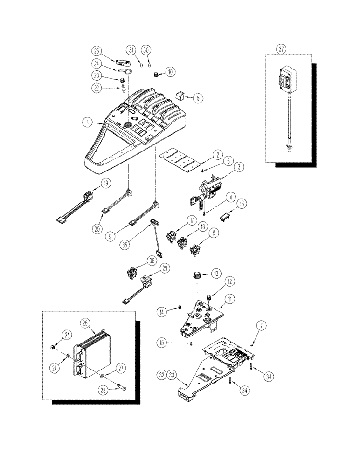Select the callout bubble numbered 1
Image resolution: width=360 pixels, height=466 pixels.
(87, 123)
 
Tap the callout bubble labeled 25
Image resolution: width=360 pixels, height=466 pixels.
(96, 51)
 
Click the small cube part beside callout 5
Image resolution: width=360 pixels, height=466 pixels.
(180, 96)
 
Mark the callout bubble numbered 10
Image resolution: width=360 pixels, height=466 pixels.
(170, 71)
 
